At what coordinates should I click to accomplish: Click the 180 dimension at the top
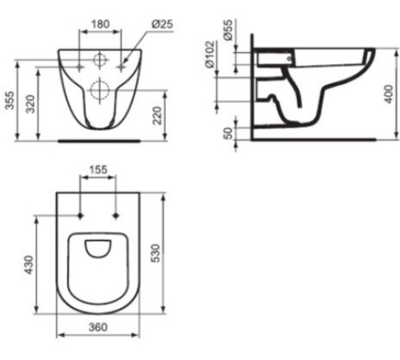[x=100, y=25]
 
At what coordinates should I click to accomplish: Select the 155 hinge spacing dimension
[x=98, y=170]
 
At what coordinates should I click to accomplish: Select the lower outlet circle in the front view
[x=101, y=89]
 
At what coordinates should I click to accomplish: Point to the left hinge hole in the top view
[x=82, y=215]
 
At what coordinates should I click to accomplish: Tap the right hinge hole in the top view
[x=117, y=215]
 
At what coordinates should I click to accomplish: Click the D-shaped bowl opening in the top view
[x=100, y=250]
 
